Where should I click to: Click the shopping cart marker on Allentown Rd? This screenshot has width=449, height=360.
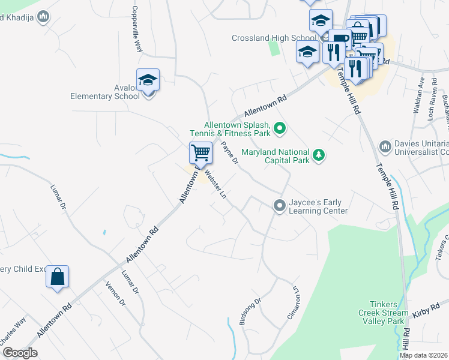[200, 152]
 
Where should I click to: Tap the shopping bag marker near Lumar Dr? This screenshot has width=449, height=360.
[57, 277]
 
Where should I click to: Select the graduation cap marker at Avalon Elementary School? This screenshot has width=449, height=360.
[148, 80]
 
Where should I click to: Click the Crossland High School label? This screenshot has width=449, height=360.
[274, 38]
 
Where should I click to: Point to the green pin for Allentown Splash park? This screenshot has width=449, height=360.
[279, 127]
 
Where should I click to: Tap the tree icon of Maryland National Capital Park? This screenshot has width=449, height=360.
[319, 156]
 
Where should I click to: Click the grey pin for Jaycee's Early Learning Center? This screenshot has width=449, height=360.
[279, 206]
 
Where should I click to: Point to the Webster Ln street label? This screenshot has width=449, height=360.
[215, 184]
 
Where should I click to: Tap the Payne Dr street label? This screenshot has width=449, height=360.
[230, 152]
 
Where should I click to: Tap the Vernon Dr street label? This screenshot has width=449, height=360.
[115, 294]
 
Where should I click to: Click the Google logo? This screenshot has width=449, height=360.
[20, 353]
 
